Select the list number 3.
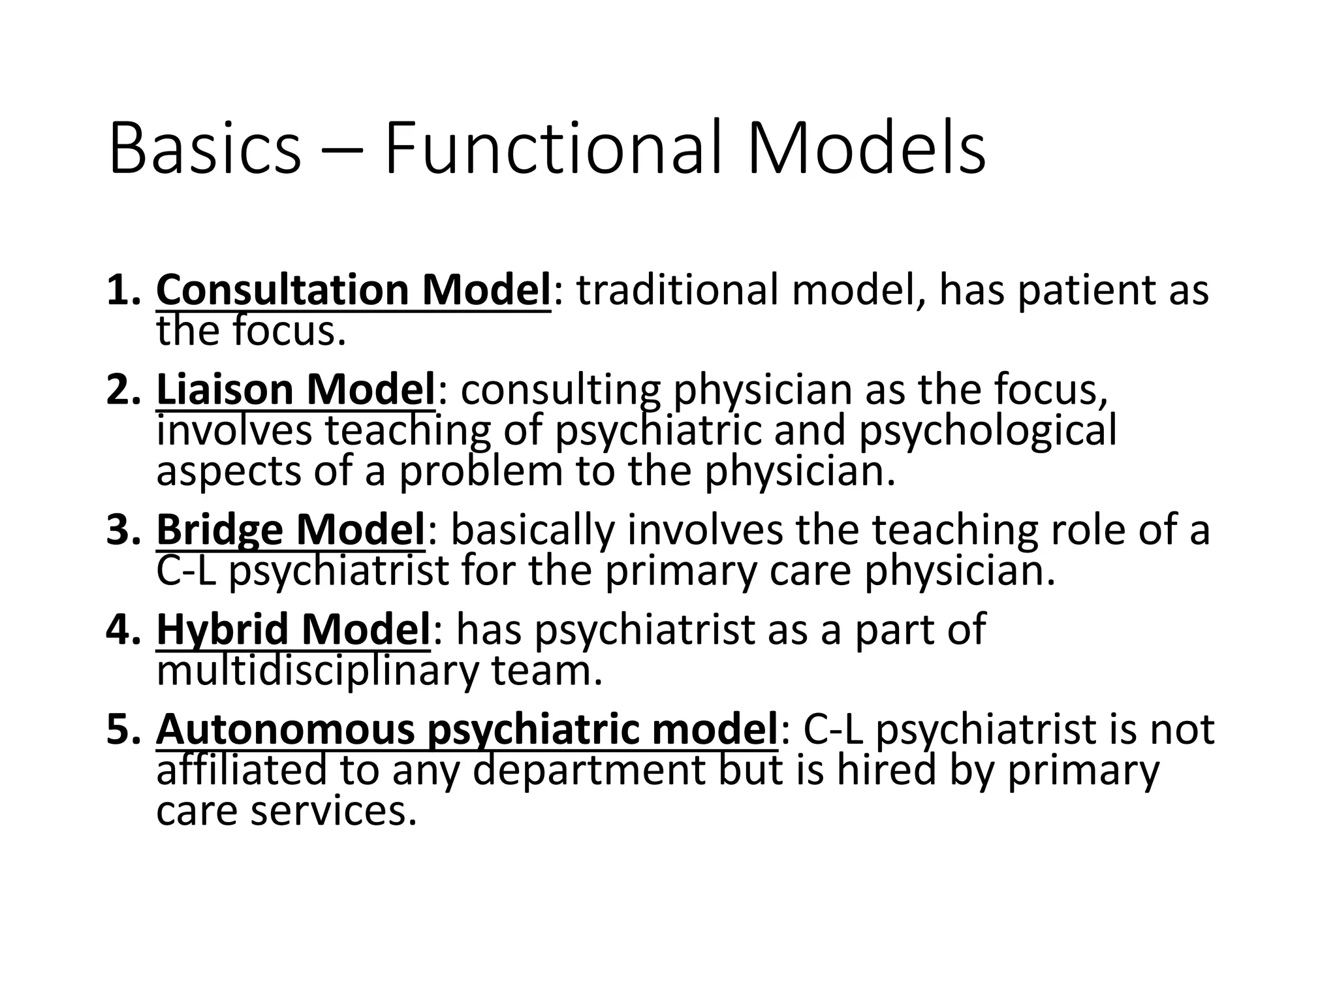click(x=122, y=530)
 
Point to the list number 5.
click(x=122, y=729)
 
